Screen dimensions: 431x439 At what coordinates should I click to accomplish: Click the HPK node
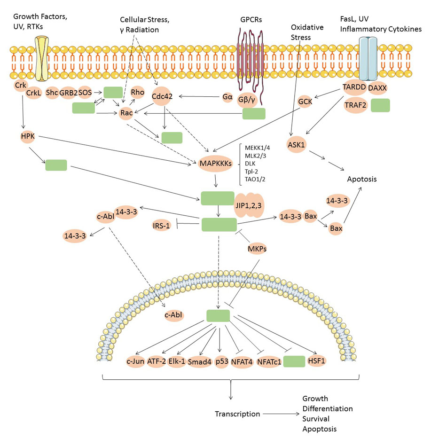pos(28,136)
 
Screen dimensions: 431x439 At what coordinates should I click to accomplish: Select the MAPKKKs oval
pos(216,163)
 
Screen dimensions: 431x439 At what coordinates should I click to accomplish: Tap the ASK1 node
pos(296,145)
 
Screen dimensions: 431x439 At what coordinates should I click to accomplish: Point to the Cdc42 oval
pos(162,96)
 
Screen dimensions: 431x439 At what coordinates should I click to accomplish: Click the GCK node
pos(305,102)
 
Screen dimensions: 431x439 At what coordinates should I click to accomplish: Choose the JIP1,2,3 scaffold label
pos(249,205)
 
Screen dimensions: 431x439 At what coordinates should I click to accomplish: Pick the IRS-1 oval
pos(161,226)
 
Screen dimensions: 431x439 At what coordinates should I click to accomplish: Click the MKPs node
pos(257,248)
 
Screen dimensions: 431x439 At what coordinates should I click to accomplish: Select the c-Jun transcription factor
pos(135,361)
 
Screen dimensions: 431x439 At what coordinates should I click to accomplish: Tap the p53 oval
pos(222,361)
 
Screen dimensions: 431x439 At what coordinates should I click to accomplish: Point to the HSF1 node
pos(316,361)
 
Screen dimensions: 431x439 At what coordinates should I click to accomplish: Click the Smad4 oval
pos(199,362)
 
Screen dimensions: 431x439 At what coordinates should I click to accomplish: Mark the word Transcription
pos(237,414)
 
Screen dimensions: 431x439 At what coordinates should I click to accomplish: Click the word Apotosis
pos(362,179)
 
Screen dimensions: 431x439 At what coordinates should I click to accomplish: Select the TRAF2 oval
pos(355,105)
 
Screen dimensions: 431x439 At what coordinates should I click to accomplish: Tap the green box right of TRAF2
pos(380,105)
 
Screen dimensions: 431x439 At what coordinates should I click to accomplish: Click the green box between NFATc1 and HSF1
pos(294,361)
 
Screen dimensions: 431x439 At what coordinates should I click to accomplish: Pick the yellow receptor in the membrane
pos(41,58)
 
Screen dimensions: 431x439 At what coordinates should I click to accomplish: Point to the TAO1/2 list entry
pos(255,179)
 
